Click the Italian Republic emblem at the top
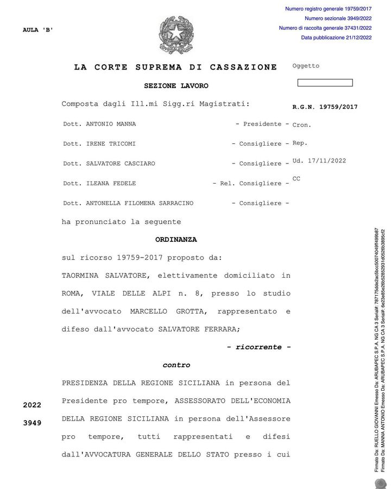coord(176,35)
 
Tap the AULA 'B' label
coord(38,30)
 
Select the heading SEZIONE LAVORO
coord(176,86)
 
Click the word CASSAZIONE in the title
coord(243,67)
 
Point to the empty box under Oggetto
coord(325,83)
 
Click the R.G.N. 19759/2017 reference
coord(325,107)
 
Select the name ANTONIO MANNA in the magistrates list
coord(111,124)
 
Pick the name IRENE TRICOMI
coord(111,144)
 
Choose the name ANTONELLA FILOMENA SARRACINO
coord(139,203)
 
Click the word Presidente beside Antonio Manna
coord(262,124)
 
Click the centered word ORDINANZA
coord(176,240)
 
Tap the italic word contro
coord(176,365)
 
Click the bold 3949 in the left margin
coord(32,423)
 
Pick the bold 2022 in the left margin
coord(32,405)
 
